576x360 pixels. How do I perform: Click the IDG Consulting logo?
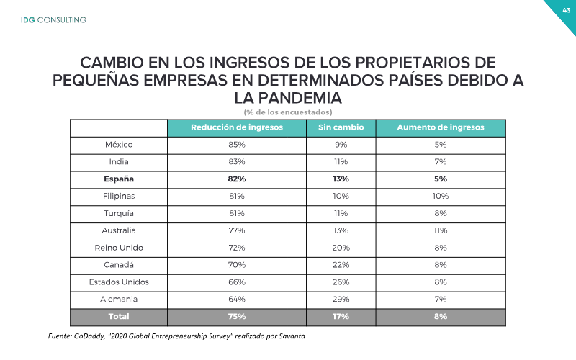click(53, 20)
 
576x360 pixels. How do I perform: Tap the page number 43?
click(566, 10)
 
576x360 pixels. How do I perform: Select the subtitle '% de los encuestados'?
click(288, 112)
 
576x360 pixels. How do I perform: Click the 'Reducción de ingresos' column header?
click(237, 127)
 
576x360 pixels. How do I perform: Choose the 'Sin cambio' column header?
click(341, 127)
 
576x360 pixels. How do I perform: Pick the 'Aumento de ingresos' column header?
click(441, 127)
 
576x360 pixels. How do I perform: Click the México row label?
click(119, 145)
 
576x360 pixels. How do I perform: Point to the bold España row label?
click(119, 179)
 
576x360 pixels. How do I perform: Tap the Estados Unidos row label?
click(119, 282)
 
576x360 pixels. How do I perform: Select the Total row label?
click(119, 316)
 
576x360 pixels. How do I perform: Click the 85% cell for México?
click(237, 145)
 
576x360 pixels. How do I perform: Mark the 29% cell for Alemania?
click(341, 300)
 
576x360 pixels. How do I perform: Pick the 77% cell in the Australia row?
click(237, 230)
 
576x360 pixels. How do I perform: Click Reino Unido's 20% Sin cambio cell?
click(341, 248)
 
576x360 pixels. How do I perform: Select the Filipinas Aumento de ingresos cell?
click(441, 196)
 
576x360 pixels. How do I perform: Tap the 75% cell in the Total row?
click(237, 316)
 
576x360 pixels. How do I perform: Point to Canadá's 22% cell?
click(341, 265)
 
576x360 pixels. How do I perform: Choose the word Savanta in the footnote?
click(292, 336)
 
